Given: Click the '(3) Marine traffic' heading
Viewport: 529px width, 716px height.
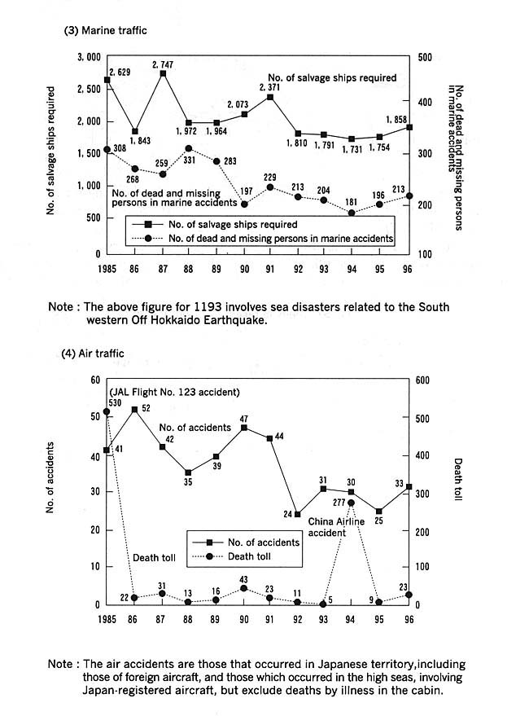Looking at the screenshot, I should pos(106,31).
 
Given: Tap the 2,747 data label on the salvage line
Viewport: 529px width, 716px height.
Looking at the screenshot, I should pos(163,64).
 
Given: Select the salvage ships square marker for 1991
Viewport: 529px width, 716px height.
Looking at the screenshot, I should pos(270,97).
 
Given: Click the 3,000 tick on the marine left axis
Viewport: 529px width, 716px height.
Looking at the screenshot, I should pos(88,58).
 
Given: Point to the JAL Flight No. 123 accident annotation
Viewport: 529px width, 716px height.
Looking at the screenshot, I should pos(176,392).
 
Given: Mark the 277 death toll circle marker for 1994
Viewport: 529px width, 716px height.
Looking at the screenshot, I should pos(351,503).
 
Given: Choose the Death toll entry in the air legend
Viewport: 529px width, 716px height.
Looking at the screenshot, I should pos(247,557).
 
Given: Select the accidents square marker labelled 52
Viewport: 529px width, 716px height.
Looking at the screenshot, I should pos(134,409).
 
